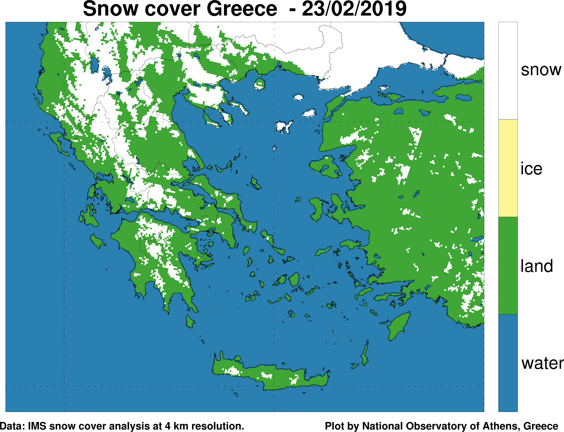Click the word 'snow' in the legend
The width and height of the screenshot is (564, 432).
click(541, 70)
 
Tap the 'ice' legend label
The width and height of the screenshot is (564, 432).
click(531, 169)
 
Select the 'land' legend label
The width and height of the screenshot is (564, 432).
click(537, 266)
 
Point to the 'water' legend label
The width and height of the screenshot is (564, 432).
click(542, 363)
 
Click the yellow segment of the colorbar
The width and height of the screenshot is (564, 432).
click(508, 168)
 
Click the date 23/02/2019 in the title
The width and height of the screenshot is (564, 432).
click(354, 9)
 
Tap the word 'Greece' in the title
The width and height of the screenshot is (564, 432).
click(242, 9)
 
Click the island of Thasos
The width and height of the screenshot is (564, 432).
click(260, 84)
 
